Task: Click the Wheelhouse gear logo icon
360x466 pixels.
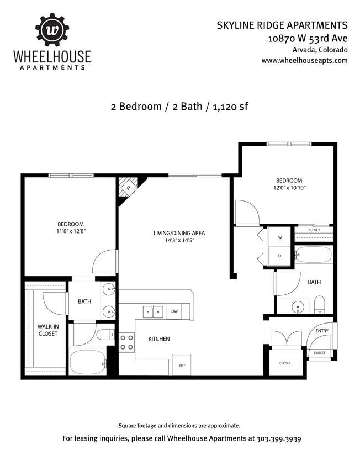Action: click(x=52, y=30)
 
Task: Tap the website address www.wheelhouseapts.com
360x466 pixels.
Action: click(x=304, y=60)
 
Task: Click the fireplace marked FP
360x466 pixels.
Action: click(x=128, y=188)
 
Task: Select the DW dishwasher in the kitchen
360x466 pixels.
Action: click(x=174, y=310)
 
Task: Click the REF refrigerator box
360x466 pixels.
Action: click(x=182, y=364)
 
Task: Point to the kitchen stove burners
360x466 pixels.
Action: click(x=127, y=342)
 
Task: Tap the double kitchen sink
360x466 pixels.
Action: click(x=153, y=312)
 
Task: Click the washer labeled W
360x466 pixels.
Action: click(x=279, y=237)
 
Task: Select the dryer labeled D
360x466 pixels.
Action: click(x=279, y=256)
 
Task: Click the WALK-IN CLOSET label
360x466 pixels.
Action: click(x=47, y=330)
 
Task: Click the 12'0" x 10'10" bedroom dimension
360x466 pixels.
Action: click(x=289, y=188)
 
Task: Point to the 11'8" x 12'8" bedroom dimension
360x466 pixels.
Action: click(x=71, y=231)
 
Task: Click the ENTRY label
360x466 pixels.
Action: click(x=321, y=331)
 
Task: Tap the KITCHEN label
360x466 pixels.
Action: click(x=158, y=338)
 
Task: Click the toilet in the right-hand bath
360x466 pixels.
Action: click(x=319, y=304)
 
